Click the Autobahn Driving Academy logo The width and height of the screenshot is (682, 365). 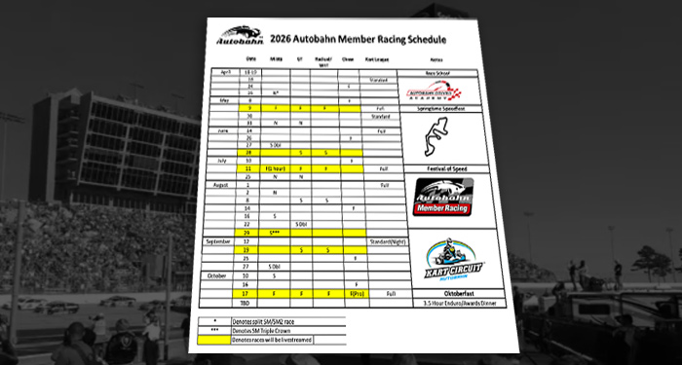click(436, 93)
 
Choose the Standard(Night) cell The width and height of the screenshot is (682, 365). click(388, 239)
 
